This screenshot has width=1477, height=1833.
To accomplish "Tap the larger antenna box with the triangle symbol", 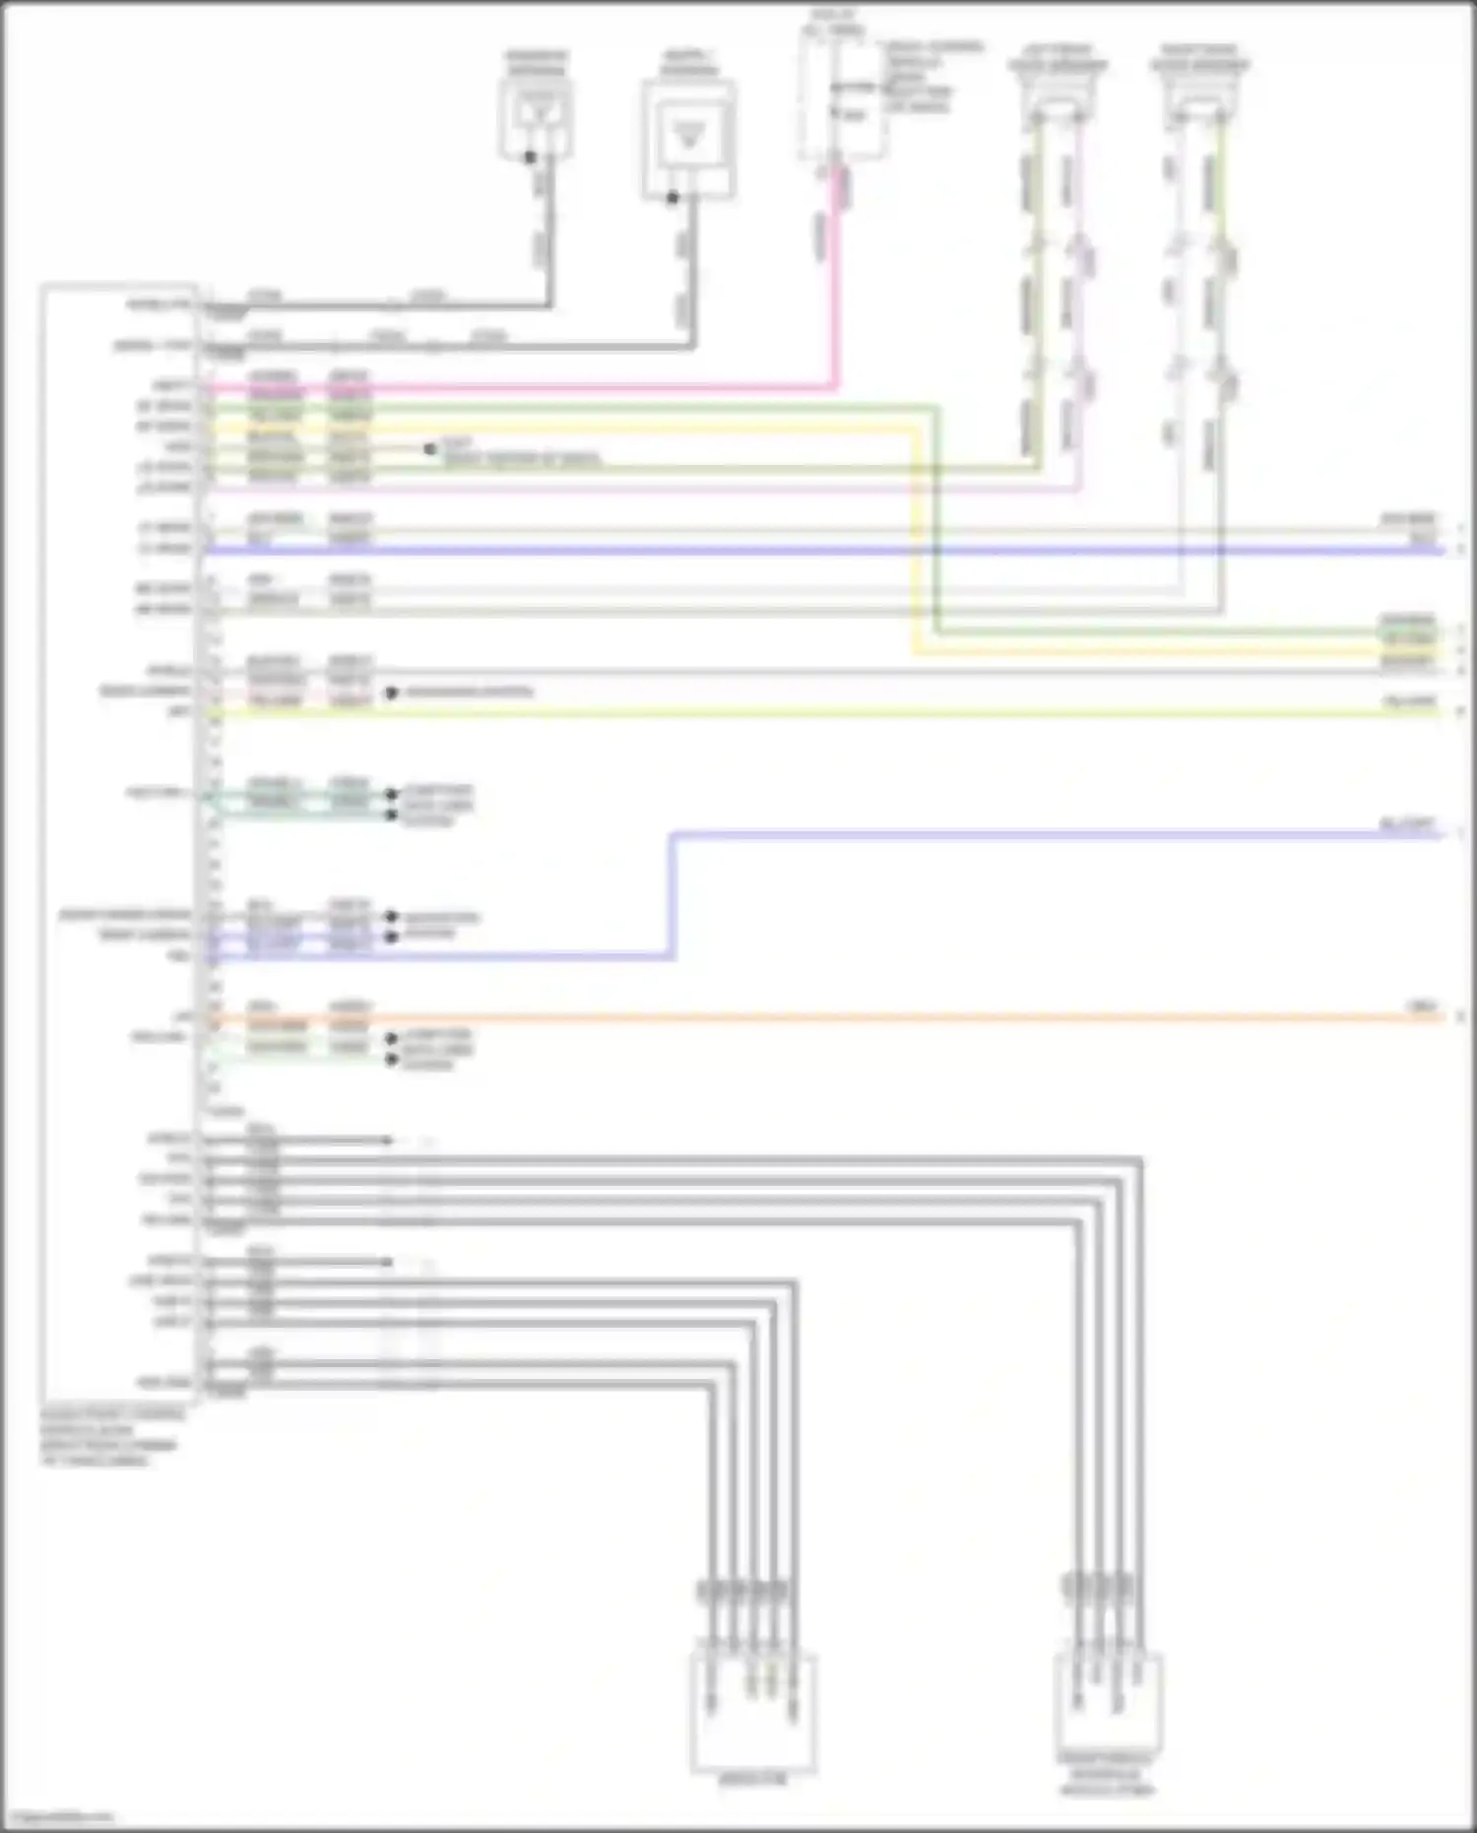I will point(688,139).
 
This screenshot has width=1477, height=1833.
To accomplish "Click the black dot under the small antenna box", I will point(531,158).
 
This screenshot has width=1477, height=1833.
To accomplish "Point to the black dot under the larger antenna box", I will point(673,198).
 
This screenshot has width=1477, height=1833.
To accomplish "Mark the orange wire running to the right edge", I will point(886,1017).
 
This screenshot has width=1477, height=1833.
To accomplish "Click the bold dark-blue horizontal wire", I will point(788,550).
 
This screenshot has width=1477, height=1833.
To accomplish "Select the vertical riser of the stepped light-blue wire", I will point(674,896).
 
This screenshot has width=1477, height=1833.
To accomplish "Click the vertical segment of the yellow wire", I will point(915,542).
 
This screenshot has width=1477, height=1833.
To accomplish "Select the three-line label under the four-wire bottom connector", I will point(1108,1774).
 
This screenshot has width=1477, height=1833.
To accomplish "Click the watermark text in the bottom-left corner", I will point(59,1817).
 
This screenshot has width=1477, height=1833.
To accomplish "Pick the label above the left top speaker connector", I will point(1058,57).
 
